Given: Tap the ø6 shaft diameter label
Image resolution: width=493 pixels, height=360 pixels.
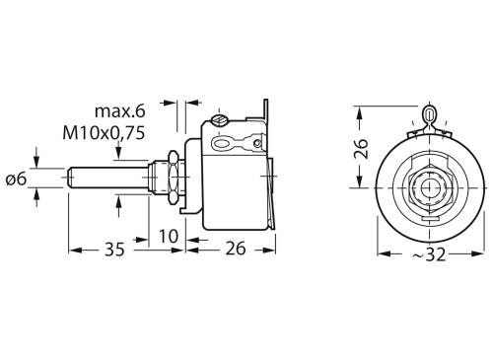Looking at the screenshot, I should [x=17, y=179].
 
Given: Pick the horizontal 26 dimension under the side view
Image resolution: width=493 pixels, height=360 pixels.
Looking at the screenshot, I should [x=236, y=250].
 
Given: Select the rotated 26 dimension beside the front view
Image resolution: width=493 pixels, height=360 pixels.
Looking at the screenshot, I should [x=362, y=149].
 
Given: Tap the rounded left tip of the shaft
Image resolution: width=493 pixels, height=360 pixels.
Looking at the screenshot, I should [x=71, y=179].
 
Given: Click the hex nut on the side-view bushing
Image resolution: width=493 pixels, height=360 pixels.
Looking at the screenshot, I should [x=172, y=179].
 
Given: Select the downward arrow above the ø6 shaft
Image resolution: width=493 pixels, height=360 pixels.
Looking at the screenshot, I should [x=36, y=160].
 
